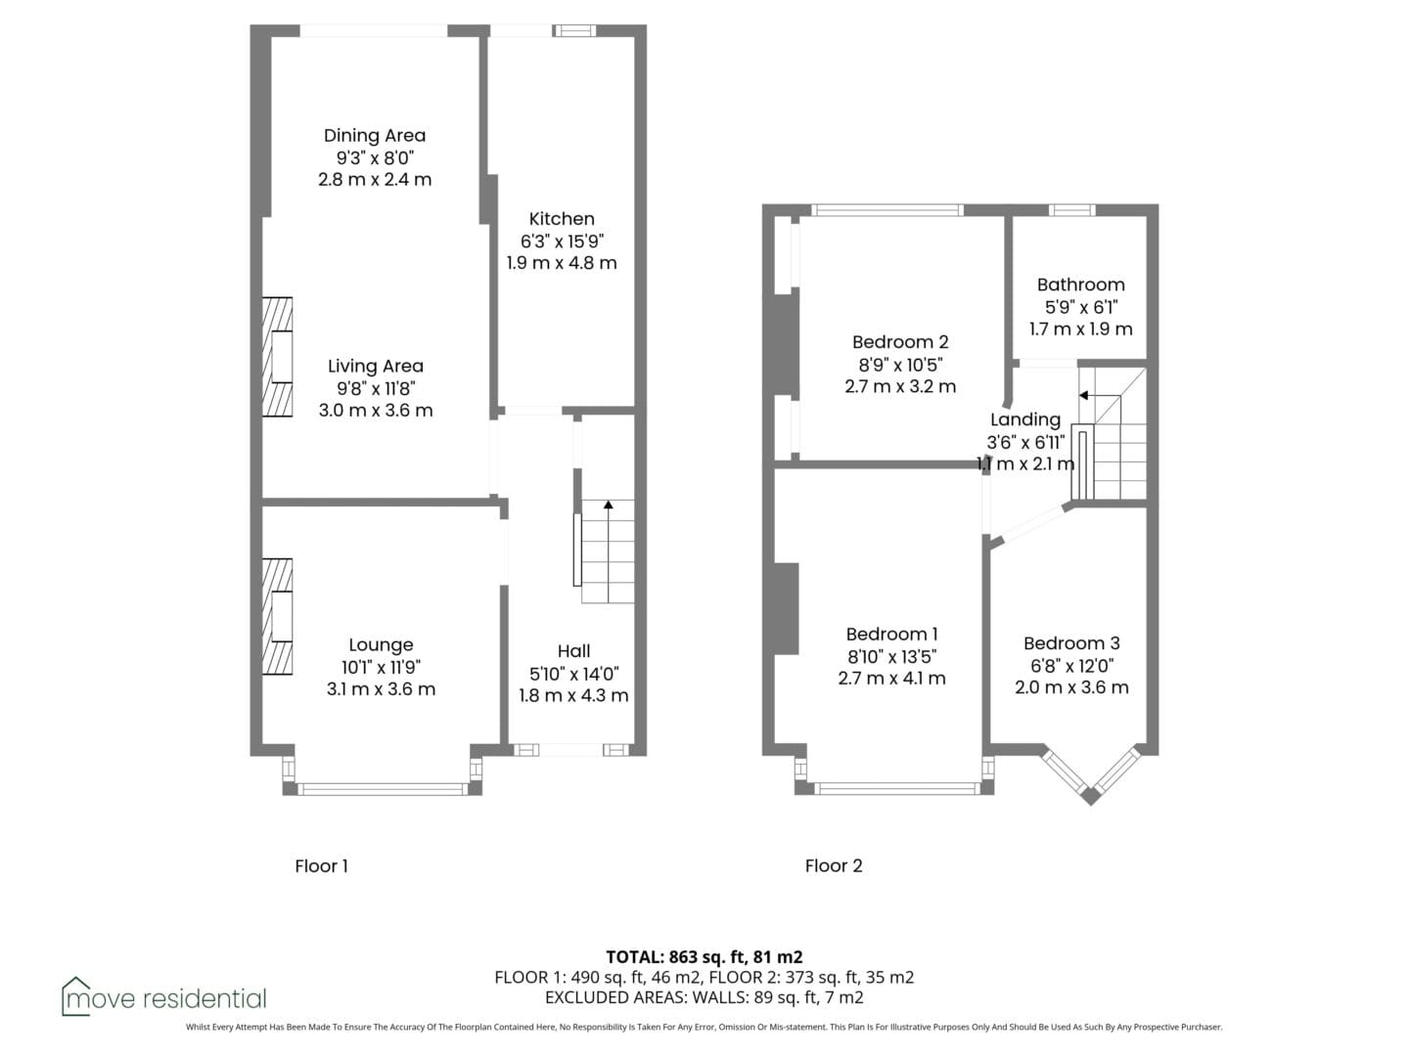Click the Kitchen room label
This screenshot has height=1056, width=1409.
click(x=561, y=219)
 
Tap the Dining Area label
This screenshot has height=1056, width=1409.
click(x=374, y=135)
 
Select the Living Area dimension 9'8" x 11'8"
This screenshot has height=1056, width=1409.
click(x=376, y=388)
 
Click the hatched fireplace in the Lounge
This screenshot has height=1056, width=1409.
click(x=277, y=616)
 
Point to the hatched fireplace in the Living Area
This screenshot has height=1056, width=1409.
click(x=277, y=357)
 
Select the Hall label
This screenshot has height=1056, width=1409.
click(x=573, y=651)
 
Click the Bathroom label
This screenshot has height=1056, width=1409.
click(x=1080, y=285)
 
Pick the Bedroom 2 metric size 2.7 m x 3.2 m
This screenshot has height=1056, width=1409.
click(x=900, y=386)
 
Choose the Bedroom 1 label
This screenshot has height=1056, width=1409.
click(x=891, y=635)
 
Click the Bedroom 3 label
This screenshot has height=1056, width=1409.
click(x=1071, y=643)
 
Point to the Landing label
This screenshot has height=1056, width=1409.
click(x=1025, y=420)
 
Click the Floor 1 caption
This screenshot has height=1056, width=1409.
click(x=321, y=866)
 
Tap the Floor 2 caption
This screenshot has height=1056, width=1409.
click(x=834, y=865)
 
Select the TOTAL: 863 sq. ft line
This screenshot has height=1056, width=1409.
click(x=704, y=956)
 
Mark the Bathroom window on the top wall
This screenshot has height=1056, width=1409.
click(x=1072, y=209)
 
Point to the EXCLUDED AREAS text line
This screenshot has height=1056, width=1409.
click(x=704, y=997)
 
